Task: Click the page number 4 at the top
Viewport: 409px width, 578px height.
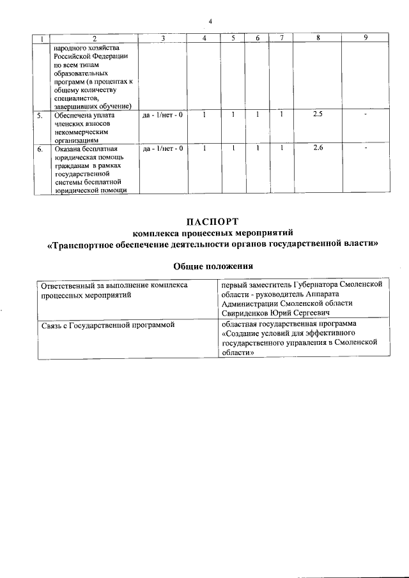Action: click(210, 22)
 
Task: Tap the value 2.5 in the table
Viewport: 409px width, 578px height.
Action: click(318, 114)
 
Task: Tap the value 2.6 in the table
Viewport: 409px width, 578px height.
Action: click(318, 148)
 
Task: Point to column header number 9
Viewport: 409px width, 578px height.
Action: click(365, 38)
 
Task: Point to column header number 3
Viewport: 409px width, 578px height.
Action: click(162, 38)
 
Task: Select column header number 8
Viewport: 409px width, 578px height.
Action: click(318, 38)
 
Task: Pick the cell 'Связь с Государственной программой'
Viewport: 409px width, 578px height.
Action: click(107, 325)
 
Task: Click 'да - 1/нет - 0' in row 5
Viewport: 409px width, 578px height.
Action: click(162, 114)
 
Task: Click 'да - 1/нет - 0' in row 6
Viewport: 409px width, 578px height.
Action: click(162, 148)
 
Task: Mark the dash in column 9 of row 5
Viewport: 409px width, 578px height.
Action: click(365, 115)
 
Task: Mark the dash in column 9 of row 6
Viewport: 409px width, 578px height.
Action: click(365, 149)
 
